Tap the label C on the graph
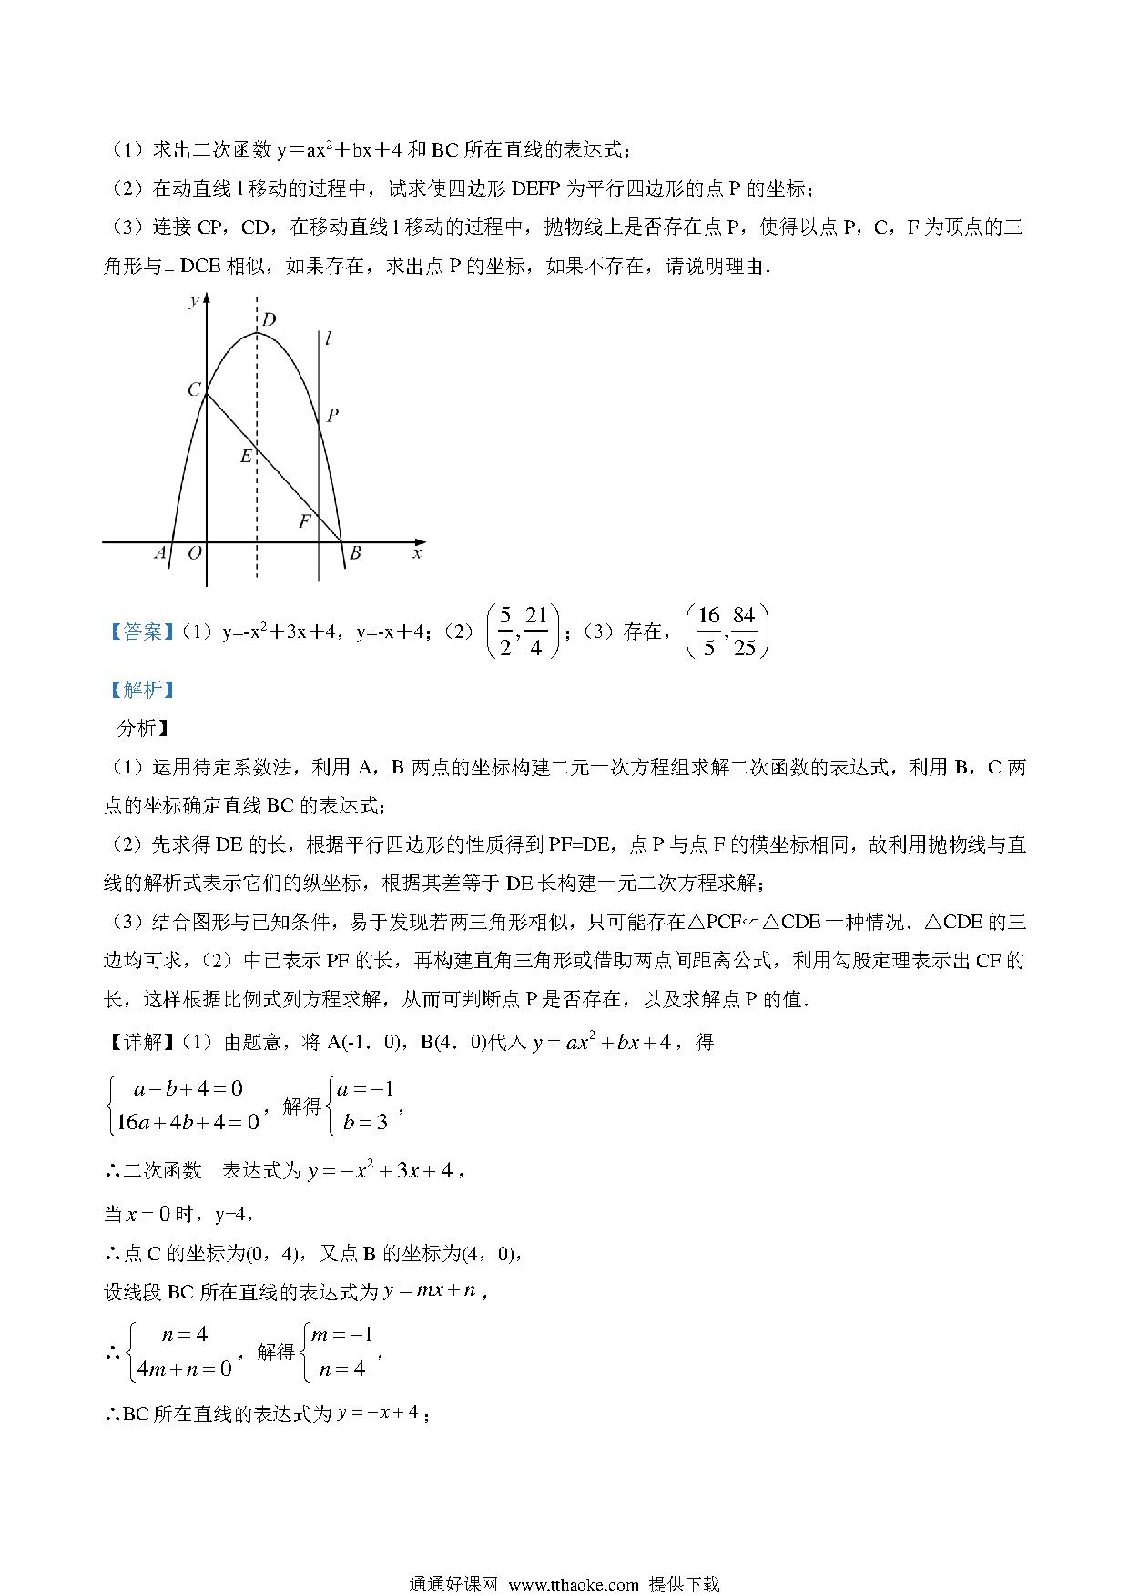[194, 389]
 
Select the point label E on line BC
[245, 457]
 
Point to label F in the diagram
[304, 521]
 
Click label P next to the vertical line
[332, 415]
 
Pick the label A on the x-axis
[160, 553]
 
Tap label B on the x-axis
[355, 553]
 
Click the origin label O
[194, 553]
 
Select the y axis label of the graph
[193, 300]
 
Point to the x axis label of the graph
[417, 553]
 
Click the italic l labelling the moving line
[328, 339]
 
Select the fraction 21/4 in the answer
[536, 631]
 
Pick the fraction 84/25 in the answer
[744, 631]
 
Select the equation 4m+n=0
[184, 1368]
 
